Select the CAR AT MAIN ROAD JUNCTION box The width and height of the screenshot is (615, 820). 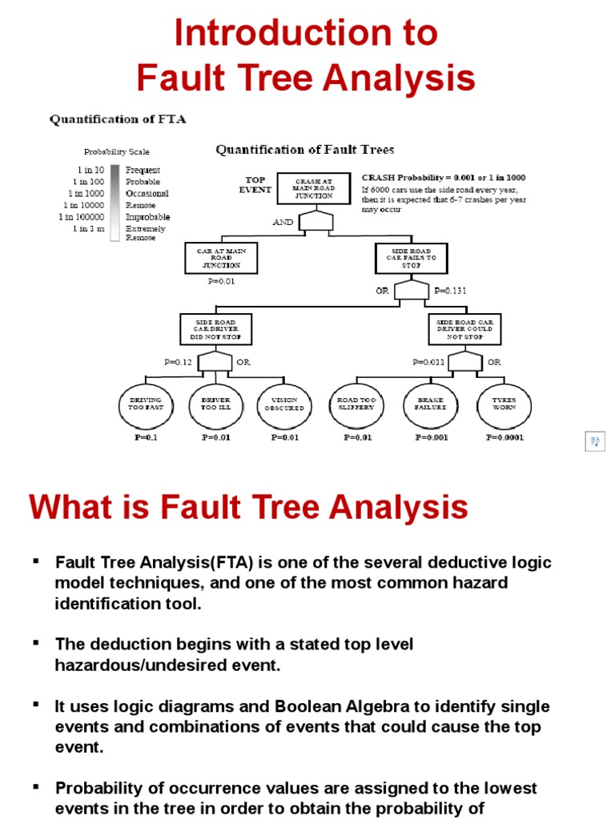(222, 258)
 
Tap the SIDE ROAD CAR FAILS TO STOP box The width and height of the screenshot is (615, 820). (412, 258)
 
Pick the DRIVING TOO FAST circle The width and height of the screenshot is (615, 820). (145, 404)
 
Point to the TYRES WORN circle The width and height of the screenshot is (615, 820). (504, 404)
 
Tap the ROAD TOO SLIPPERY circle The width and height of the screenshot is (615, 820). (356, 404)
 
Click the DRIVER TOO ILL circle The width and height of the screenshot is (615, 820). (215, 404)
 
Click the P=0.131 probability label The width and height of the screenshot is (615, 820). (449, 291)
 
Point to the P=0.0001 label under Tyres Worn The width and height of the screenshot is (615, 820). (504, 438)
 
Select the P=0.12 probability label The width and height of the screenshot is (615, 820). (179, 362)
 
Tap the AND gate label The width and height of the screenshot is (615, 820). (283, 222)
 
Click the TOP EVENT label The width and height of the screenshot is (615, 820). (255, 185)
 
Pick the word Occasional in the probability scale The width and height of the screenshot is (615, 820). (147, 193)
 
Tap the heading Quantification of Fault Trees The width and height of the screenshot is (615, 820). (304, 150)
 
